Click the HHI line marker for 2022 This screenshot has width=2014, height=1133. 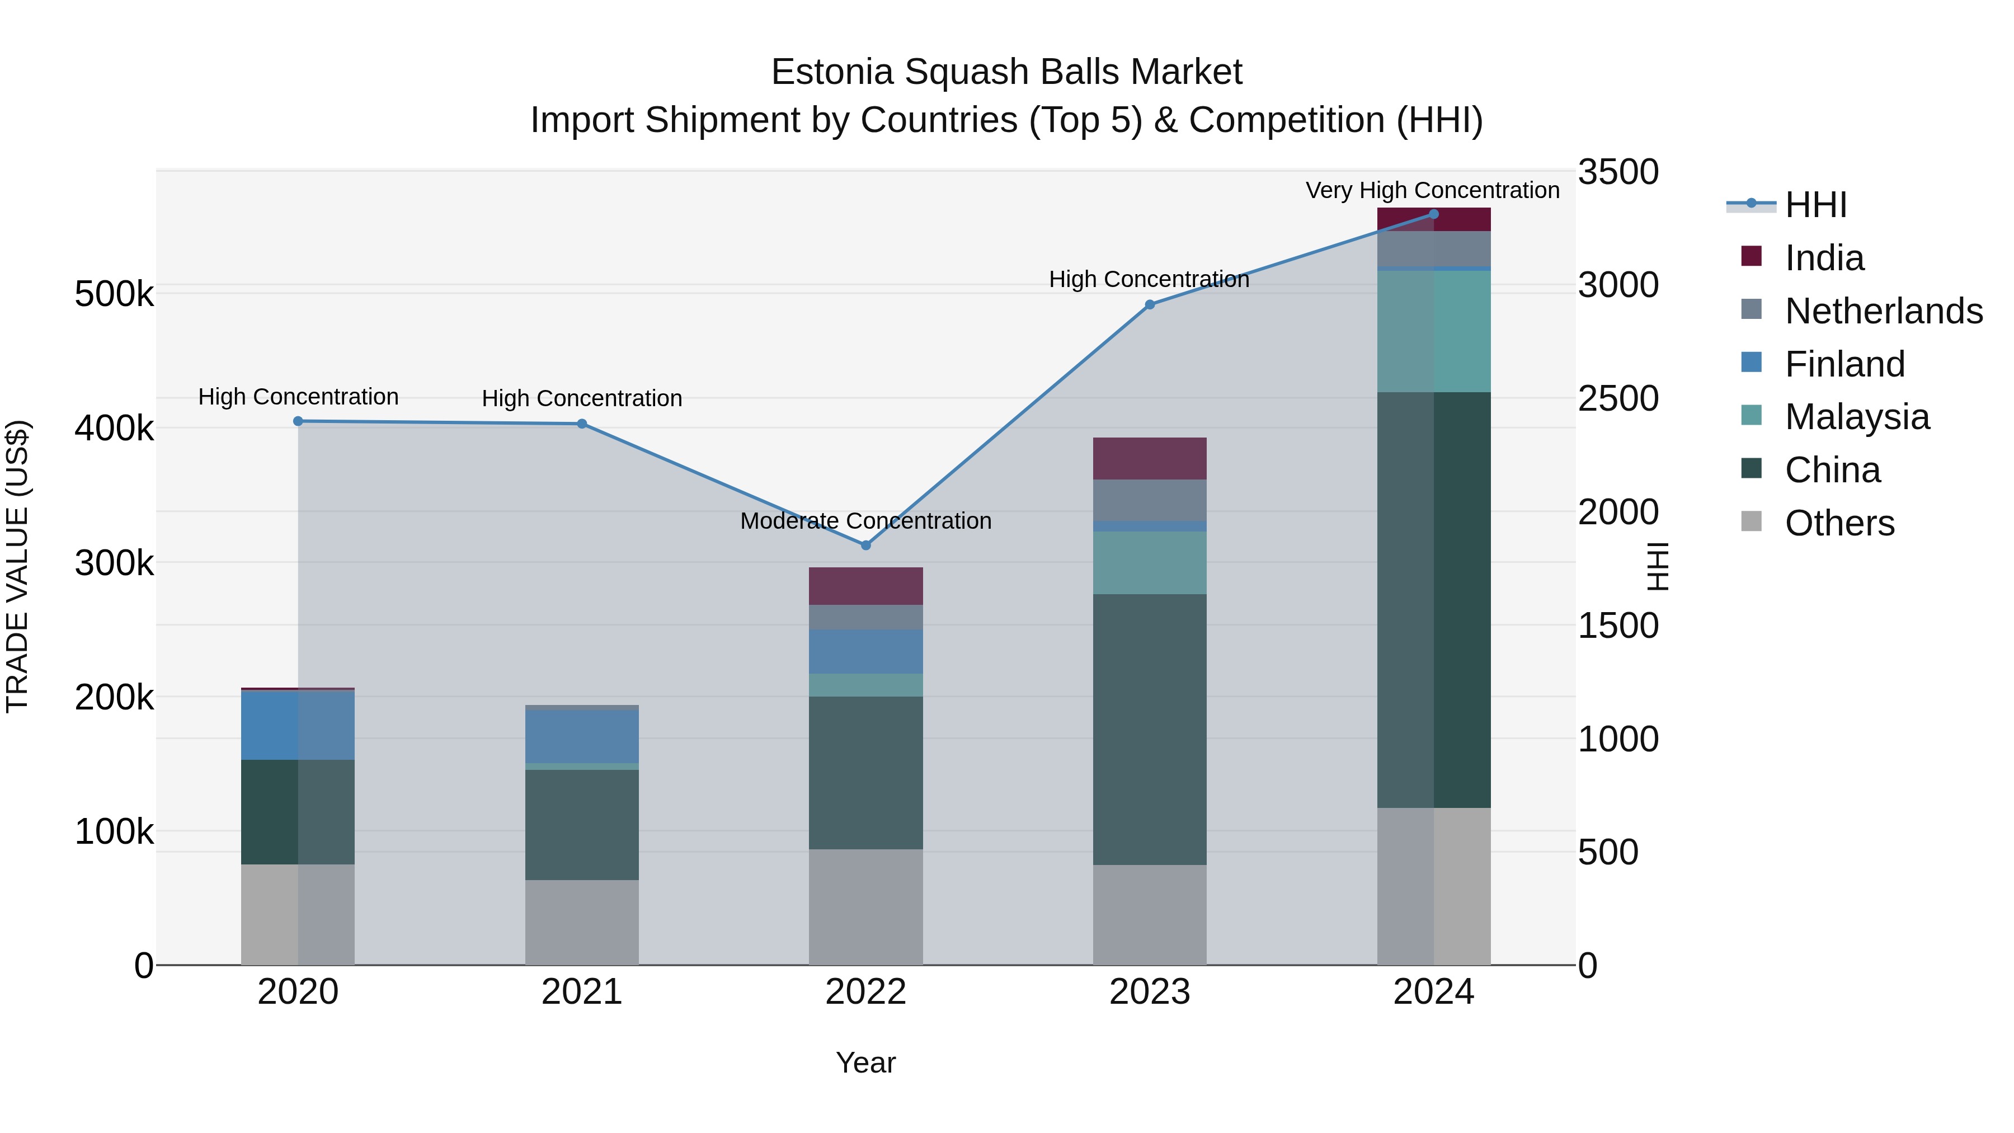point(865,545)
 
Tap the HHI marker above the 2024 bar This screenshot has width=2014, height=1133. point(1433,214)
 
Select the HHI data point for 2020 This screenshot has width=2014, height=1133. point(298,421)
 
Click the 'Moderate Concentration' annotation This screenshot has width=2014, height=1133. point(865,521)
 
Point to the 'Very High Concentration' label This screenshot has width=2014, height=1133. point(1432,190)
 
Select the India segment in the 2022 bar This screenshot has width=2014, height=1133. point(865,586)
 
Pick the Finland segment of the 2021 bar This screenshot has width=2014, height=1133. point(582,736)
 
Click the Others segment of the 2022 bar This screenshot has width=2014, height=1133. point(865,907)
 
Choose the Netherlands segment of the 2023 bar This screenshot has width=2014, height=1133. point(1149,500)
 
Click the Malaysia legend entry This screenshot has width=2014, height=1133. point(1857,417)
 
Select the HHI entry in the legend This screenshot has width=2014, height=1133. point(1815,205)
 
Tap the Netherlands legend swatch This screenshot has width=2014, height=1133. point(1751,309)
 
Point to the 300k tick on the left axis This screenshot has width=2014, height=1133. point(114,563)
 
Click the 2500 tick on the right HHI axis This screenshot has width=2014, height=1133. point(1617,398)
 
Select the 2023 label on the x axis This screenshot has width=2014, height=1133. point(1149,992)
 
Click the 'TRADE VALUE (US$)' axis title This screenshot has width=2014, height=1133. point(17,566)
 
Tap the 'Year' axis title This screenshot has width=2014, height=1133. point(865,1063)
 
